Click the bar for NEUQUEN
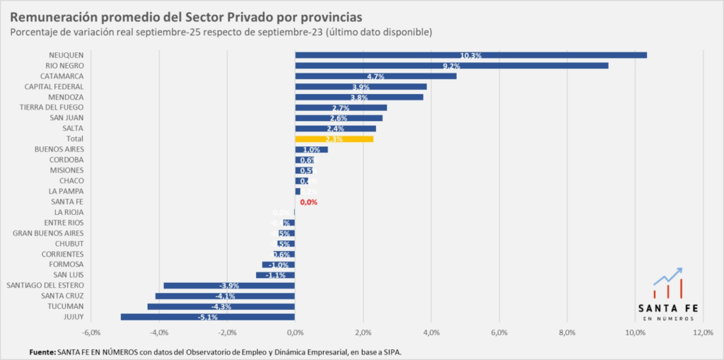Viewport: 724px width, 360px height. (x=470, y=55)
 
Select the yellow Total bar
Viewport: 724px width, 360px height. (x=334, y=139)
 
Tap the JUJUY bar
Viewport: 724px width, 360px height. (x=207, y=317)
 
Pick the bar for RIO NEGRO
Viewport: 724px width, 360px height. (x=451, y=66)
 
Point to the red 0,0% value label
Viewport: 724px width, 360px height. (x=309, y=202)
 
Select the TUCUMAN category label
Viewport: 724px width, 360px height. (x=66, y=306)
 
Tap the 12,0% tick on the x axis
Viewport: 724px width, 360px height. (x=703, y=332)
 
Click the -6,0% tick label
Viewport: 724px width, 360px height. (x=90, y=332)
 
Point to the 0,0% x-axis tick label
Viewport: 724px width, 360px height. (x=295, y=332)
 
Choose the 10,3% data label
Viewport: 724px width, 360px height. (x=470, y=55)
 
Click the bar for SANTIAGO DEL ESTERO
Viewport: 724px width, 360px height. (x=228, y=286)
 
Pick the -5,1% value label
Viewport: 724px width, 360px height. (x=207, y=318)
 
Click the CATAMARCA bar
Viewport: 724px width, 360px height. (x=375, y=76)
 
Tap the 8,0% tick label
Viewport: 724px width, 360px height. (x=567, y=332)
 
